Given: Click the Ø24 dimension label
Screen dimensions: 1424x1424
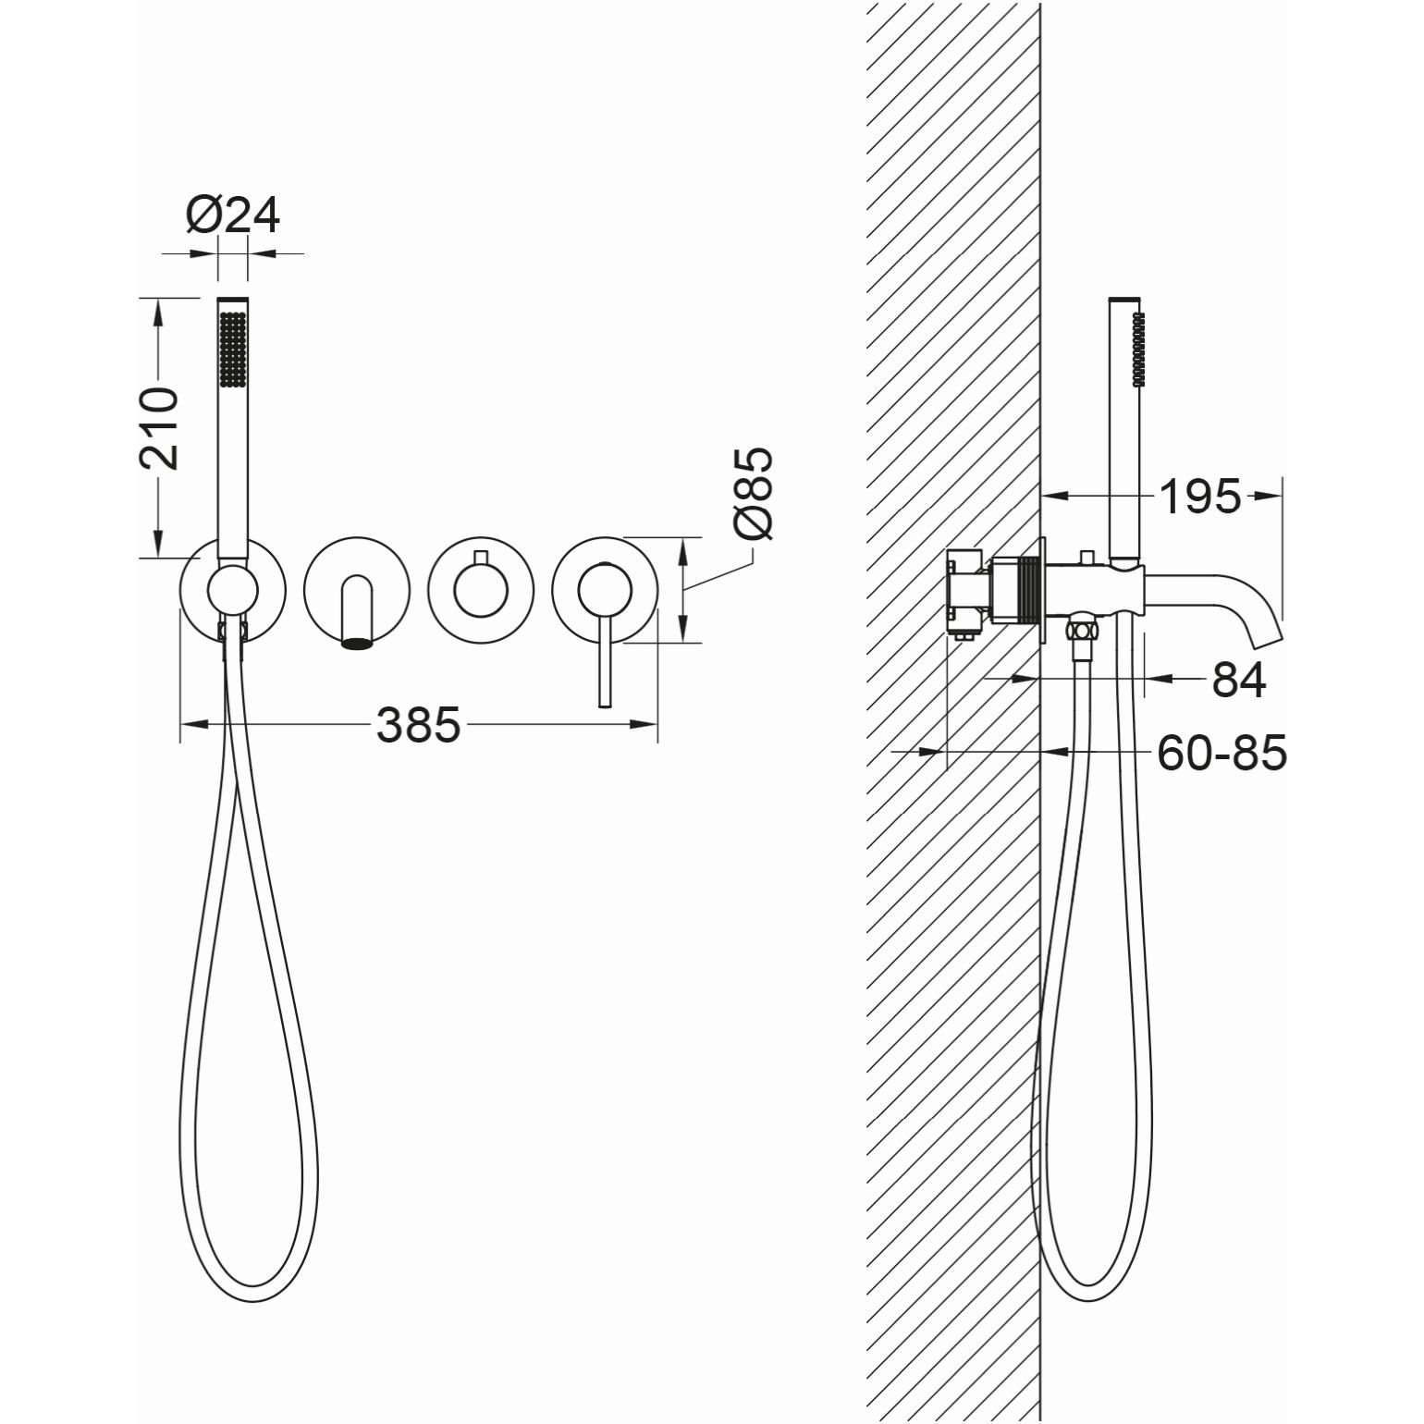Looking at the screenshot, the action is [x=232, y=216].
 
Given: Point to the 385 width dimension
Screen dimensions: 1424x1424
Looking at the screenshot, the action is [x=418, y=725].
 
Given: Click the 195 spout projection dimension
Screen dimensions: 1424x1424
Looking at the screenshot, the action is [x=1199, y=497].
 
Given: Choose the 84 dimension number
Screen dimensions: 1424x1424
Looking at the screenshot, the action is [x=1238, y=681].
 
